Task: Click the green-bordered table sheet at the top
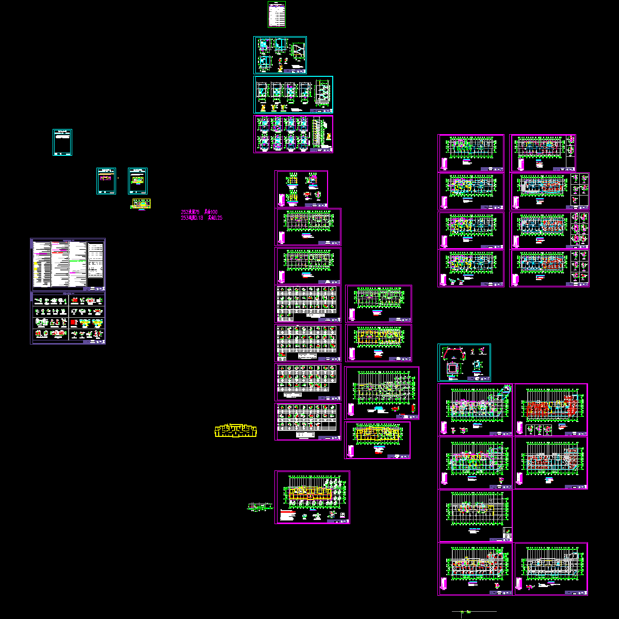point(276,14)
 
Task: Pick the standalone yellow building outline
point(236,431)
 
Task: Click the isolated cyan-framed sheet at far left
point(62,142)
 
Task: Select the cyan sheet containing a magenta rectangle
point(106,181)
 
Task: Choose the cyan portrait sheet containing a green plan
point(138,181)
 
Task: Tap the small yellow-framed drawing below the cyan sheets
point(140,205)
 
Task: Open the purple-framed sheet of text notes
point(68,264)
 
